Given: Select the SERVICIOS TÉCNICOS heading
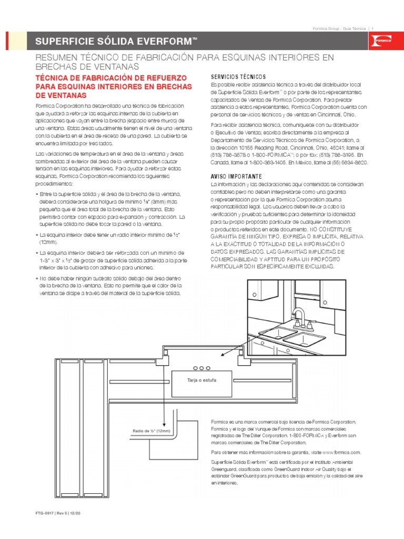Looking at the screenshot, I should coord(234,76).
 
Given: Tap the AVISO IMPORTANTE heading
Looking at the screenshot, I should coord(236,176).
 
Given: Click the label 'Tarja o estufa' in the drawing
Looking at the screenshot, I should coord(201,380).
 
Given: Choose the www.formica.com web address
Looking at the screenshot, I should coord(341,452).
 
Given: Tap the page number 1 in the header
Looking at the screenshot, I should coord(372,28).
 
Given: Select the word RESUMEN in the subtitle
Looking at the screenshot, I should coord(53,57).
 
